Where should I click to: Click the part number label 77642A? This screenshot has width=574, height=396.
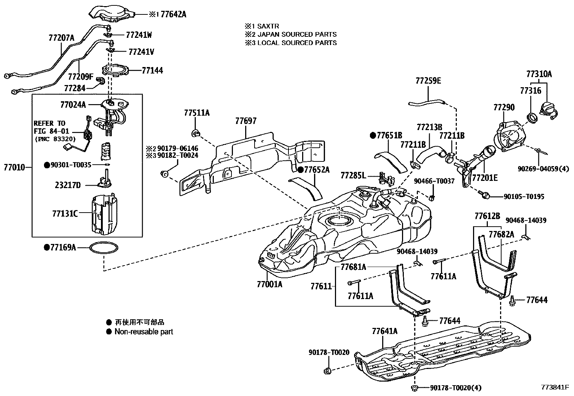click(x=173, y=14)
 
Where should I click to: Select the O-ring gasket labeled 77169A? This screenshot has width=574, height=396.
click(x=103, y=248)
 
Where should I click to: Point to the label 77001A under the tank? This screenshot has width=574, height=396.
click(x=269, y=284)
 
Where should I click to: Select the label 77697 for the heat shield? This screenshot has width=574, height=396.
click(x=246, y=121)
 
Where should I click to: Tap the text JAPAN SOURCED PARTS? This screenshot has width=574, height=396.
click(x=297, y=34)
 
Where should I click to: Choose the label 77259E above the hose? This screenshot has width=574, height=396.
click(x=428, y=81)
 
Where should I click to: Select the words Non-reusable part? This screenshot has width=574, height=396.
click(x=143, y=332)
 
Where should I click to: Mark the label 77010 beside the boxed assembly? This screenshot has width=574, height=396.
click(x=14, y=167)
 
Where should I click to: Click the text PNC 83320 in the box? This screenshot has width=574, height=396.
click(x=56, y=139)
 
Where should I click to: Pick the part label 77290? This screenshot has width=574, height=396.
click(x=504, y=107)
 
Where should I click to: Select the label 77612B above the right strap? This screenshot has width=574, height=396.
click(x=487, y=216)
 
